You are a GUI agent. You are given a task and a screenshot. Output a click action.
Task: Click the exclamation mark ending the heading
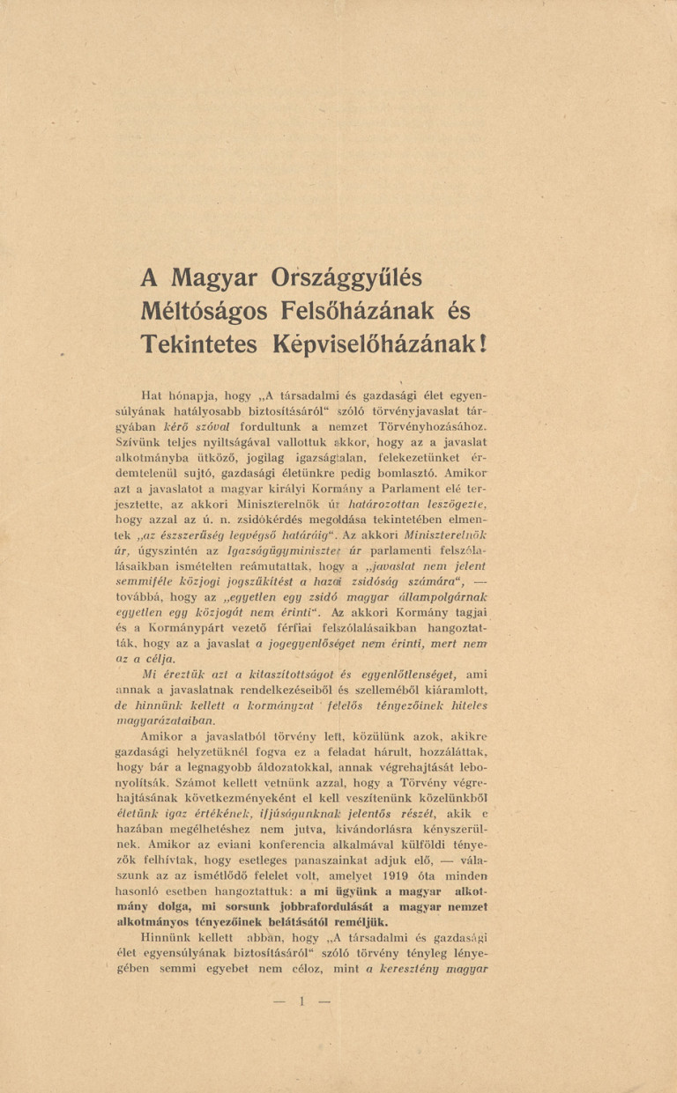coord(482,343)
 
